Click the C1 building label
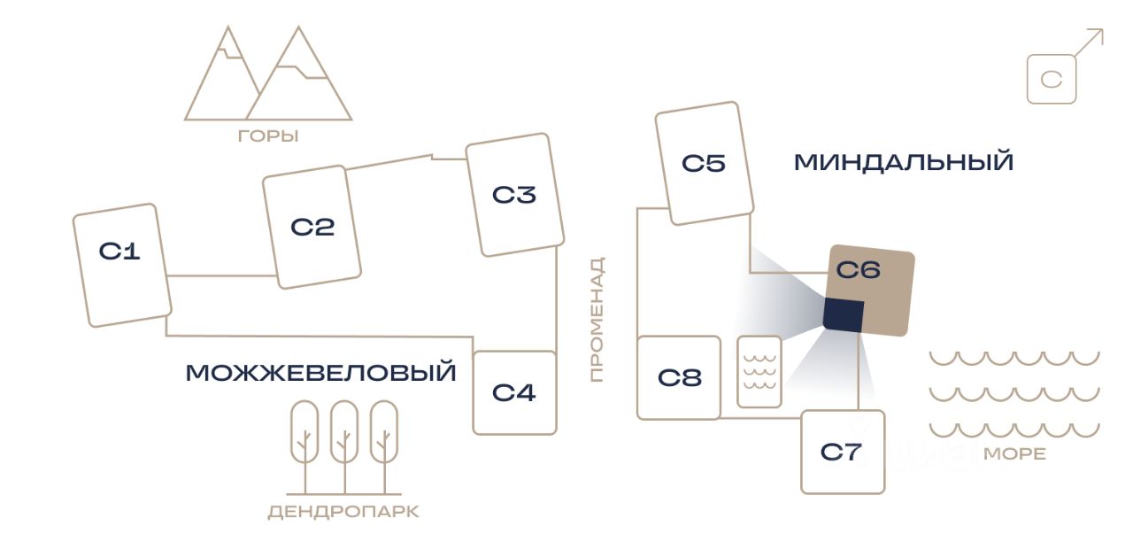coord(119,251)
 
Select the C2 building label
coord(312,228)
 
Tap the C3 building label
coord(514,195)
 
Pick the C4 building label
coord(514,392)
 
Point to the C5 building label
coord(704,163)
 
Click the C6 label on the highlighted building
coord(859,270)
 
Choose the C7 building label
coord(841,452)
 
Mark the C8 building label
coord(680,377)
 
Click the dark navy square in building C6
coord(844,315)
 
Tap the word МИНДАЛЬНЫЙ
coord(904,162)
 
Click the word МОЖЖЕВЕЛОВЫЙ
coord(321,373)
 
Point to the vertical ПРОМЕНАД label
coord(597,320)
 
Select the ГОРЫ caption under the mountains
coord(268,136)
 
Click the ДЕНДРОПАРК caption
coord(343,512)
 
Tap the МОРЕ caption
coord(1014,454)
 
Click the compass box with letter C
coord(1052,80)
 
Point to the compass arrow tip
coord(1103,29)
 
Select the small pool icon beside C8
coord(759,372)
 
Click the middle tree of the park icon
coord(344,445)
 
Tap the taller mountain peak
coord(298,27)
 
